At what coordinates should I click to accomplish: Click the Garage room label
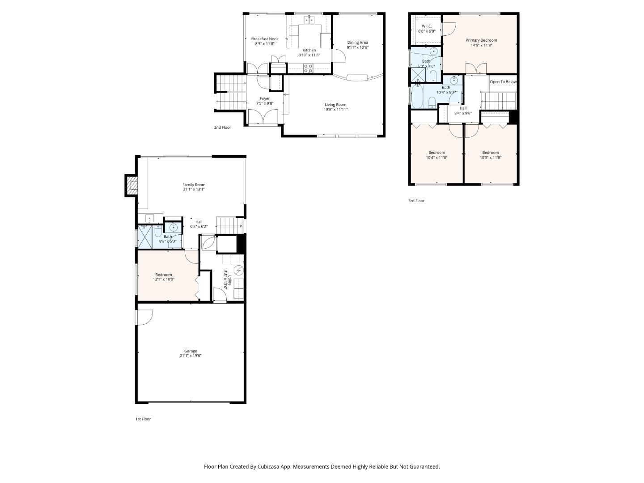191,351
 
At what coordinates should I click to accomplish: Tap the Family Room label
194,184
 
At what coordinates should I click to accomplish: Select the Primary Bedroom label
481,40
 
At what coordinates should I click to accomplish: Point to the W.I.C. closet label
426,26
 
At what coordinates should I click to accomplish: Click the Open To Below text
503,82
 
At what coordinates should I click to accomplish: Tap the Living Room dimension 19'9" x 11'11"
335,110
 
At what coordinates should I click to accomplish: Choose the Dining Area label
357,42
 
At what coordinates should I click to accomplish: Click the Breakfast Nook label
265,39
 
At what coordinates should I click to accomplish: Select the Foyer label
265,98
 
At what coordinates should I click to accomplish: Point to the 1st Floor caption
143,419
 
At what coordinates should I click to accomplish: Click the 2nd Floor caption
222,127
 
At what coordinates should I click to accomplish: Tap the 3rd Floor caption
416,201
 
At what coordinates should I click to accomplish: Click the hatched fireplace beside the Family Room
132,185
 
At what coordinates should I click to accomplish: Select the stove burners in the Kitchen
308,68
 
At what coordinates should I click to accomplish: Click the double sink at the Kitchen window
309,20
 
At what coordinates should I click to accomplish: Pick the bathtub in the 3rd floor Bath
417,96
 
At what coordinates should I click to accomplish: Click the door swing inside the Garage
145,318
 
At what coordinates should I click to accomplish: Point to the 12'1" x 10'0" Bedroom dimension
164,279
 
